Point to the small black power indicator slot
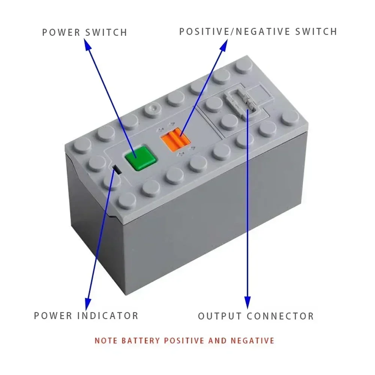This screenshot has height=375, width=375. (117, 170)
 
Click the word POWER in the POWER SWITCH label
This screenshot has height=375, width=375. (61, 32)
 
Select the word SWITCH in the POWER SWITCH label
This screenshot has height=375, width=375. (106, 32)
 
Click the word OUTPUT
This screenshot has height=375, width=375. (220, 316)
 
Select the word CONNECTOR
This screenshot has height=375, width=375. (280, 316)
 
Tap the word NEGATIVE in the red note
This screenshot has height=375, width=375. (253, 341)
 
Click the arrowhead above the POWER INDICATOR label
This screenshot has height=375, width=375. (88, 302)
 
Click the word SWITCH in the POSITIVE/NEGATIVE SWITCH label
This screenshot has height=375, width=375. (316, 31)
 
